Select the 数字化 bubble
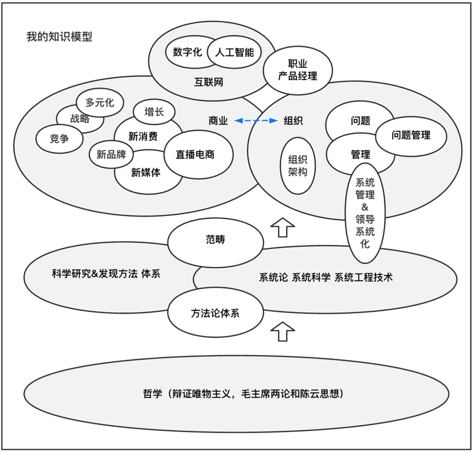click(186, 52)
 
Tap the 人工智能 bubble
click(234, 52)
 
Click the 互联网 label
click(209, 83)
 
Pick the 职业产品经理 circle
click(298, 70)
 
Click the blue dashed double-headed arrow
click(255, 121)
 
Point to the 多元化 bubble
click(100, 102)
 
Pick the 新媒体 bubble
click(146, 173)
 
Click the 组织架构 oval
click(298, 165)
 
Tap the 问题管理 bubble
click(410, 135)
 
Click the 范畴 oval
click(215, 240)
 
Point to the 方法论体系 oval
click(215, 314)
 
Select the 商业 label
click(218, 121)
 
